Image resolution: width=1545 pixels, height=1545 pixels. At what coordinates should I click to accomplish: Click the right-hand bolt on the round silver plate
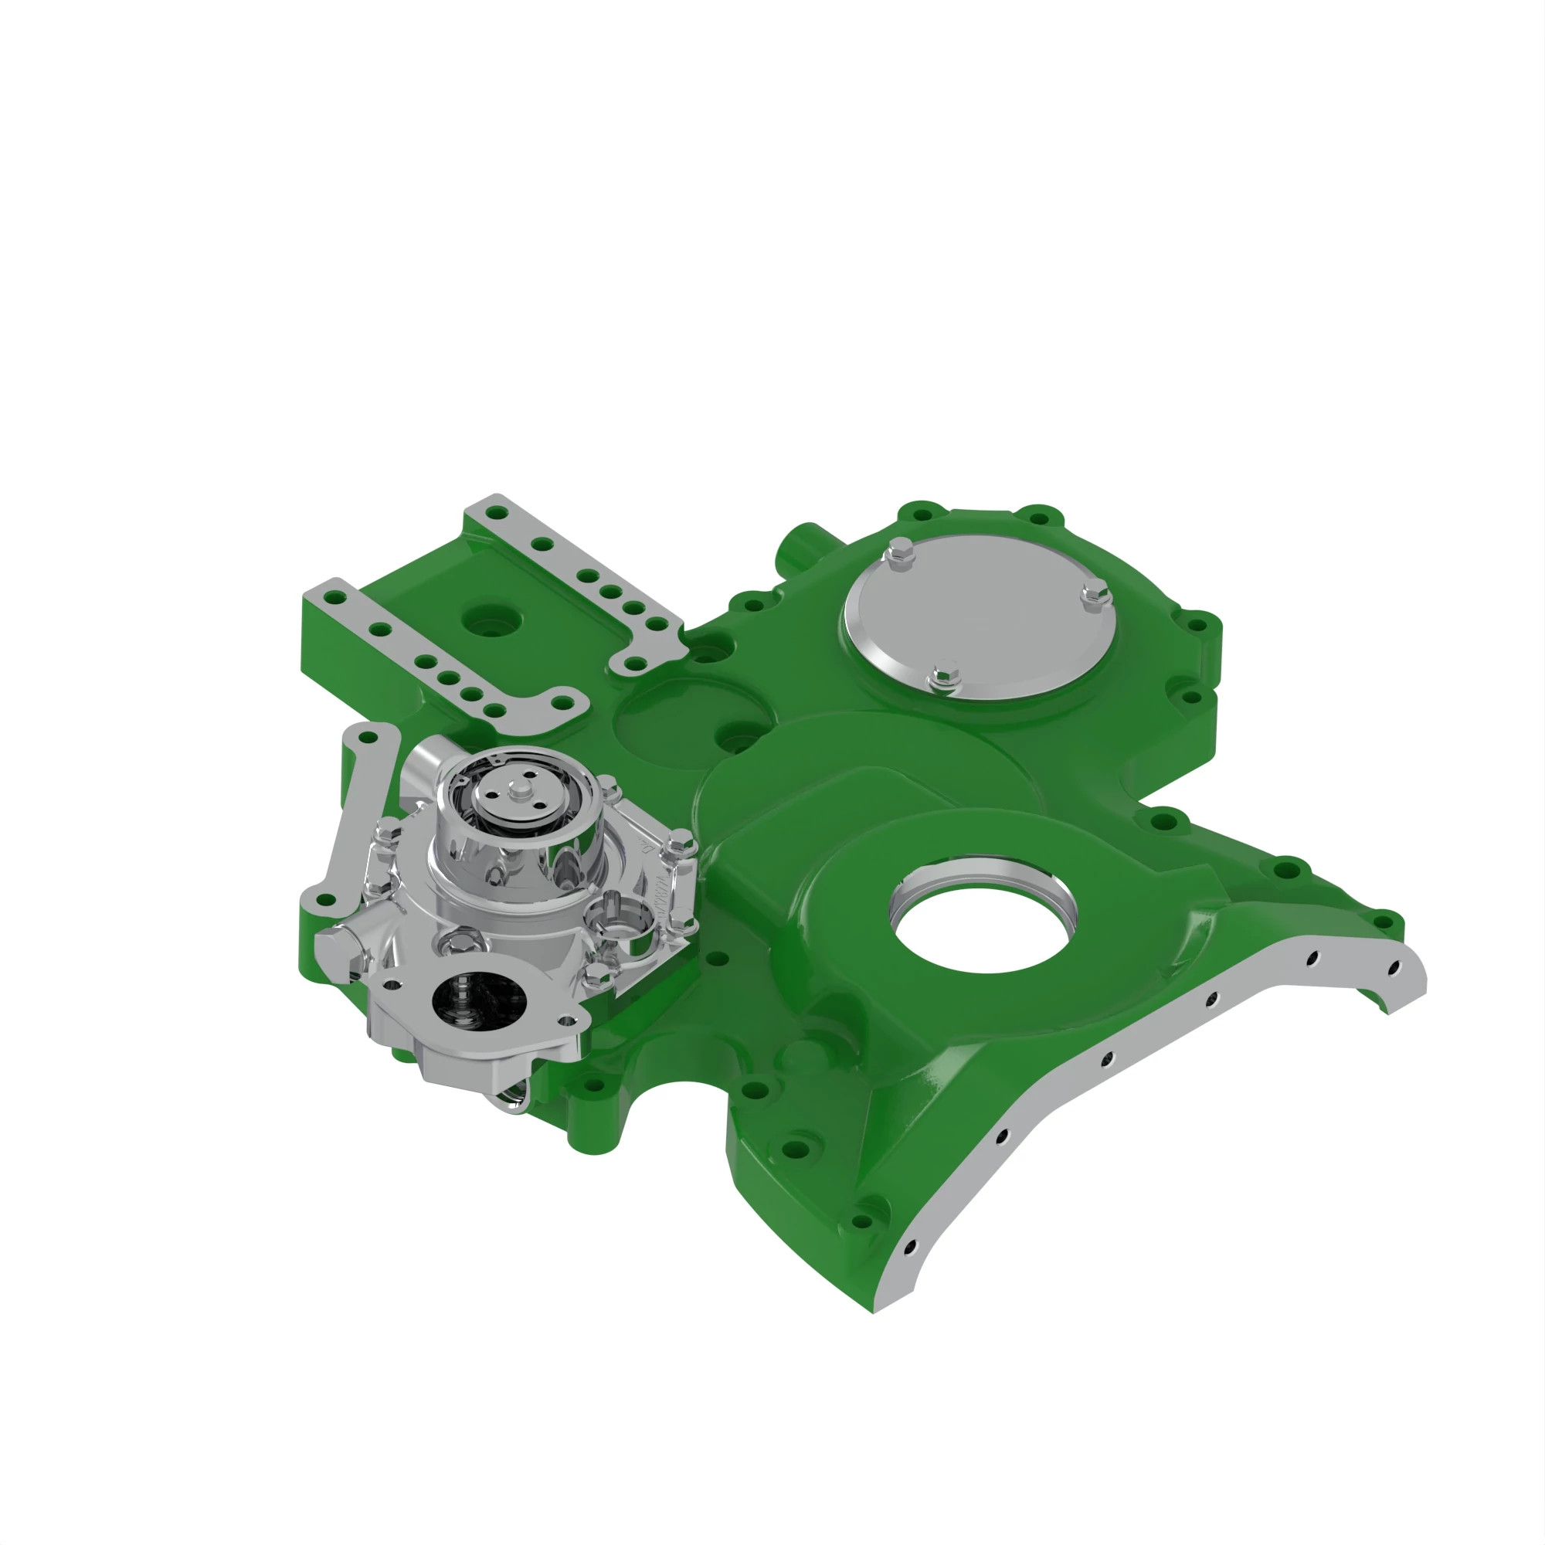[1095, 595]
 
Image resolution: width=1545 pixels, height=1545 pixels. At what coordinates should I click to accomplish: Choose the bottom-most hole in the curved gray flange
[909, 1246]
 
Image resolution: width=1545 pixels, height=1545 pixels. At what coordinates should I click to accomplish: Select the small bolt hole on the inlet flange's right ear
[567, 1020]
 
